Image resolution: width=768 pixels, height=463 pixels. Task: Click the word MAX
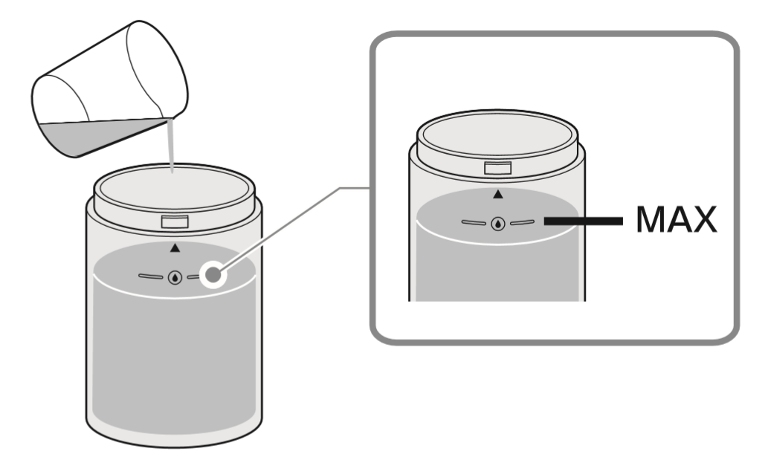(x=676, y=220)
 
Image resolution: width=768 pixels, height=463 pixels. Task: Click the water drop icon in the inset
(x=497, y=222)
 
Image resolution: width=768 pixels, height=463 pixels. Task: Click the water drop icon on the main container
(x=175, y=277)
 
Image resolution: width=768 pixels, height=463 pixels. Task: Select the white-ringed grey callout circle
(x=213, y=276)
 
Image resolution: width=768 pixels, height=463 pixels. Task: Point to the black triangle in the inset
(x=498, y=194)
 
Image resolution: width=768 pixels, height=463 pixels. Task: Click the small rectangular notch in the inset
(x=497, y=169)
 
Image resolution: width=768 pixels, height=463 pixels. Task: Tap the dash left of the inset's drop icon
(x=473, y=221)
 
